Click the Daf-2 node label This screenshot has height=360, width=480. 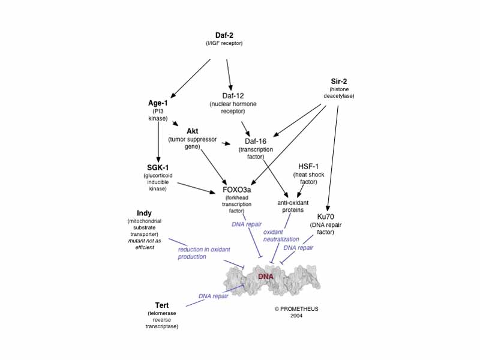click(x=224, y=35)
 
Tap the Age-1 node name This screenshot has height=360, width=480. click(x=158, y=103)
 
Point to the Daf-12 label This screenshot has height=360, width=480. click(x=227, y=96)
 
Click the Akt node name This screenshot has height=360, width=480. click(x=192, y=131)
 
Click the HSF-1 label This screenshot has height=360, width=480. click(x=308, y=166)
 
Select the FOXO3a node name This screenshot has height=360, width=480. click(x=236, y=190)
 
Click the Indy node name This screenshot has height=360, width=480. click(x=144, y=213)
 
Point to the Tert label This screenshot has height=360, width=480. click(x=162, y=305)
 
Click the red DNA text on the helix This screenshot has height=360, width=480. click(x=265, y=277)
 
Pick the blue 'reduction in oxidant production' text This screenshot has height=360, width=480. click(x=200, y=253)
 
